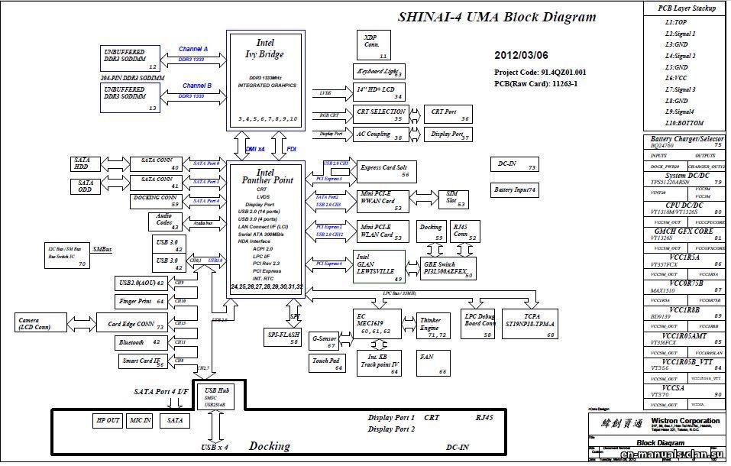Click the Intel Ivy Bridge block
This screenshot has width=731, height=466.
265,80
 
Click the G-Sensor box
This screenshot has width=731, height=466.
325,340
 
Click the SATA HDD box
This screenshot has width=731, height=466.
82,163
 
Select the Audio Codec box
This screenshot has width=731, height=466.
165,222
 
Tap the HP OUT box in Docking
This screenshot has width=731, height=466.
107,420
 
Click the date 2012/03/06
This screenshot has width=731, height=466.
521,56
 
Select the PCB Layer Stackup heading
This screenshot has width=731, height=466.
687,8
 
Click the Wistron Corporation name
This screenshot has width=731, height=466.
685,421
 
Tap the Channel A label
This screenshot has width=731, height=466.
193,49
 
